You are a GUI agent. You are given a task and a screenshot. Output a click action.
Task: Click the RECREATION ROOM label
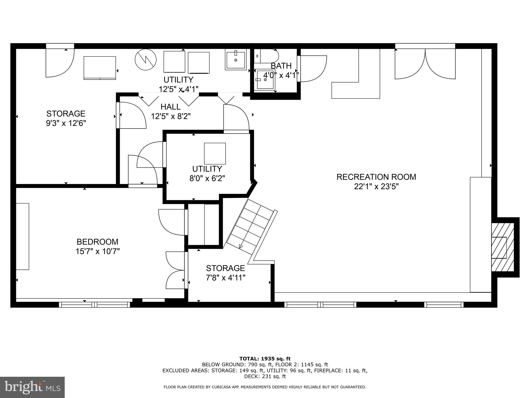point(376,177)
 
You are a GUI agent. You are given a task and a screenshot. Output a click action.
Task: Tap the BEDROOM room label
point(97,242)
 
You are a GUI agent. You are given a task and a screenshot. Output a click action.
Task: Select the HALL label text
point(171,107)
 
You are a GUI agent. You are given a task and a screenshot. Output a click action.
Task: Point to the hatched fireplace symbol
point(502,247)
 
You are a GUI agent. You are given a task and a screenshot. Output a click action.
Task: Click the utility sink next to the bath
point(235,60)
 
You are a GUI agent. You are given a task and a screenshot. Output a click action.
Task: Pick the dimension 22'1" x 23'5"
point(376,187)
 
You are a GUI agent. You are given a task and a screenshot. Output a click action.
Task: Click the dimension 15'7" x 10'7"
point(97,251)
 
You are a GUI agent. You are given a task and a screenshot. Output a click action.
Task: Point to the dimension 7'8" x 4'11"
point(225,278)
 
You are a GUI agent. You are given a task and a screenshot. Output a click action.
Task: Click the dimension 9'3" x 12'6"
point(66,123)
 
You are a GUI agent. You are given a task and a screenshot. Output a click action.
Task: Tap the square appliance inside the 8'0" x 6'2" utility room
point(215,153)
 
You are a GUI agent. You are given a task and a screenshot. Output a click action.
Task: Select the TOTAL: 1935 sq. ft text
point(265,359)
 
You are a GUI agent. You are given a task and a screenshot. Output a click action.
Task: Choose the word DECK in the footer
point(250,376)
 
